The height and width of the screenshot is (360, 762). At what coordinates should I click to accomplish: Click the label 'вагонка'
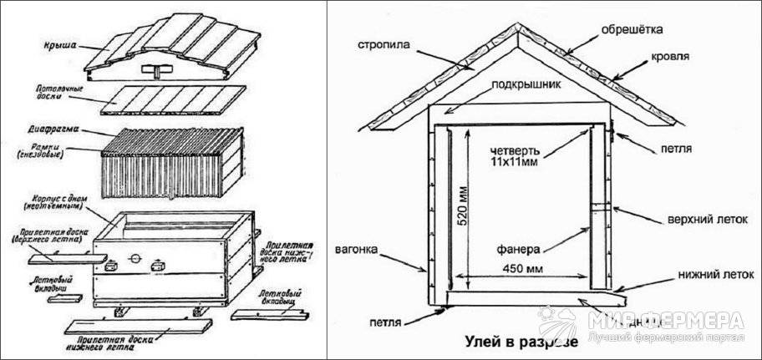click(x=362, y=249)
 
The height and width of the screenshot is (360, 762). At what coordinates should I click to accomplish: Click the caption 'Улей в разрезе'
click(x=520, y=343)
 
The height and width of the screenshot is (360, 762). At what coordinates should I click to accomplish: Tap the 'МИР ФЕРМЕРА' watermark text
click(x=665, y=319)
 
